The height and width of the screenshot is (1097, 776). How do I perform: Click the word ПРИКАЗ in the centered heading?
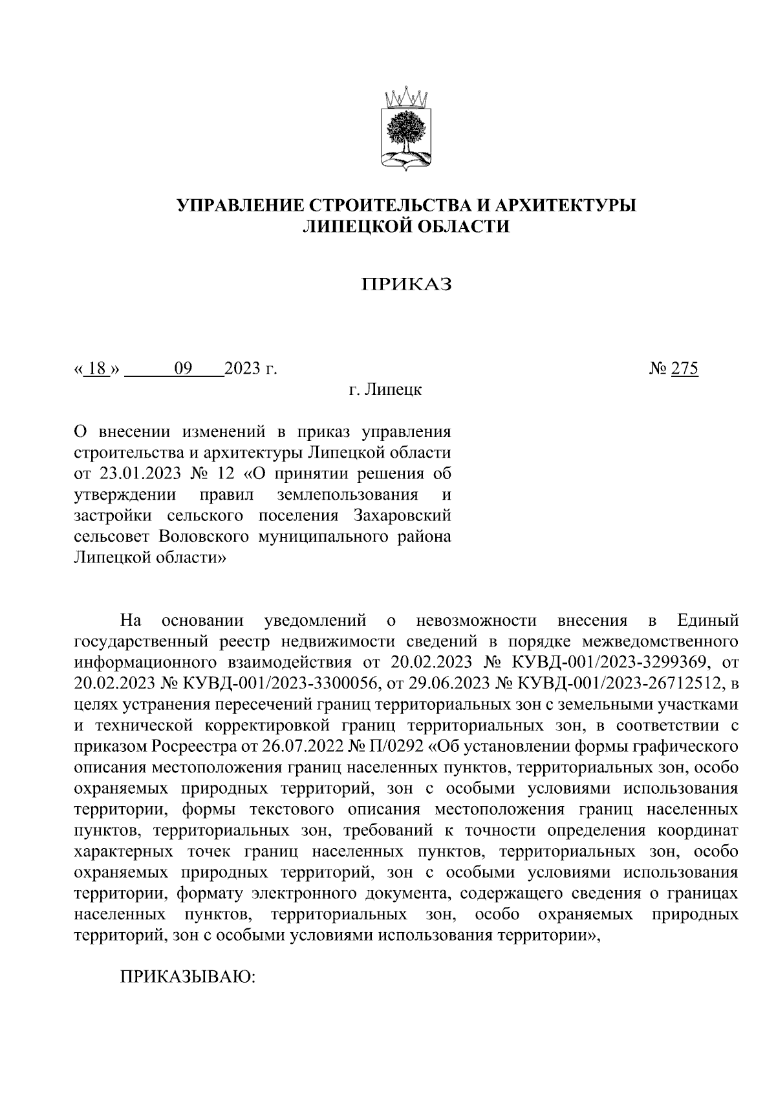406,284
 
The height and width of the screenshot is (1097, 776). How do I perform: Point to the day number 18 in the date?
97,369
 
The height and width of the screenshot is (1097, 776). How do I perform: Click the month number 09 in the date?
184,369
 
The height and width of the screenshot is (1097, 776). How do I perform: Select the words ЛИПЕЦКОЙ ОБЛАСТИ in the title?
406,226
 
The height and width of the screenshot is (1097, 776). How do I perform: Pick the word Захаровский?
402,516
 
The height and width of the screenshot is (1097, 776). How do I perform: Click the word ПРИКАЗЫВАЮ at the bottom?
189,977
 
